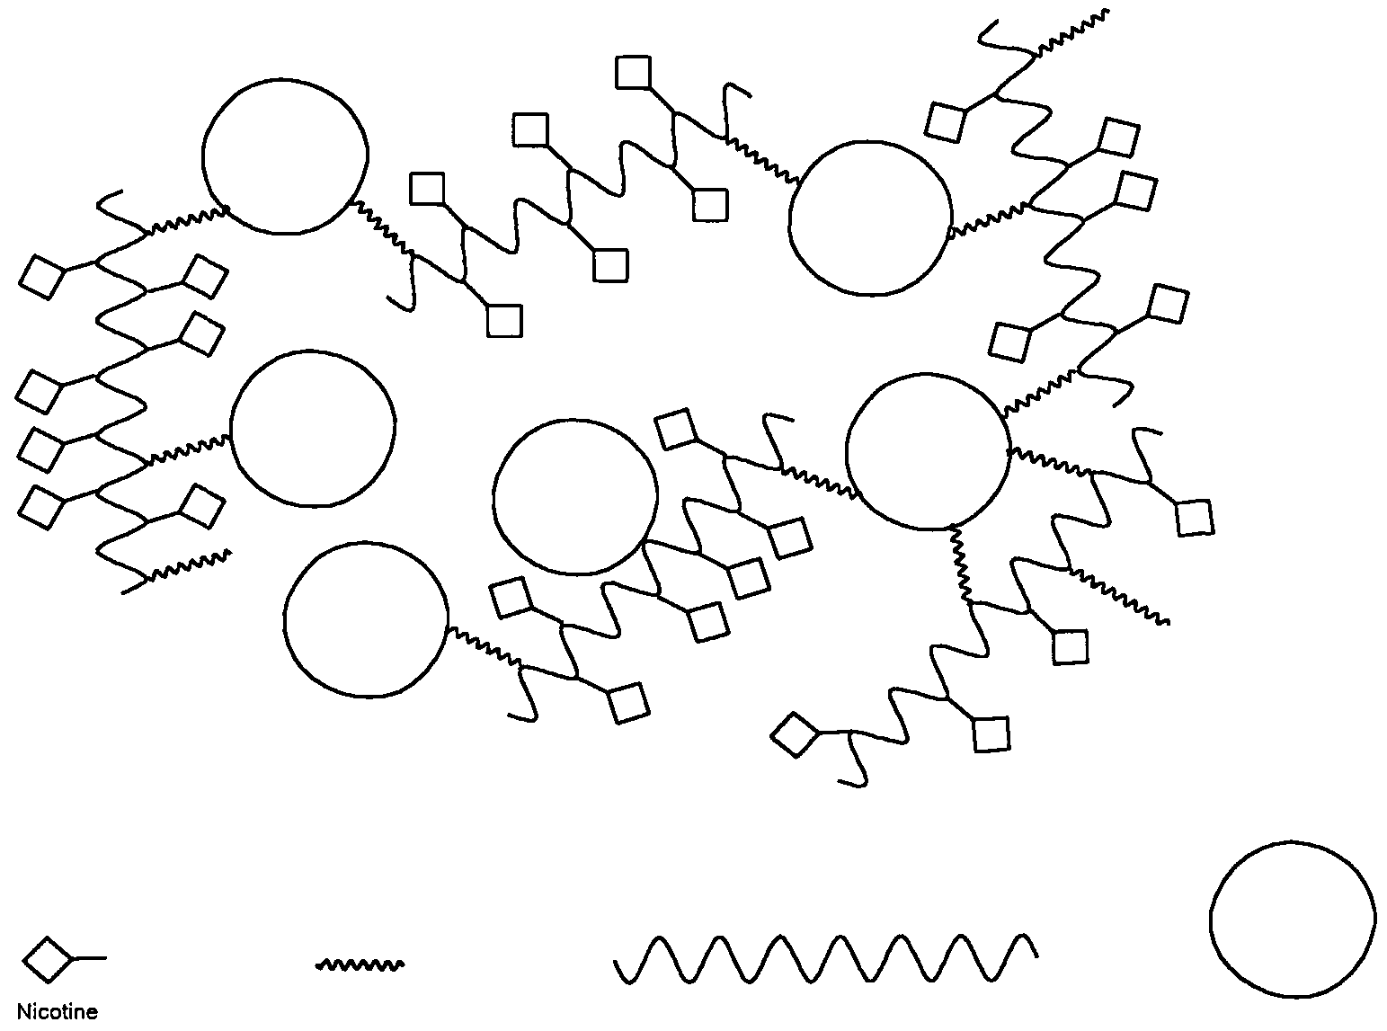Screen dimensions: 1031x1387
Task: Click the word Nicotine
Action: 58,1012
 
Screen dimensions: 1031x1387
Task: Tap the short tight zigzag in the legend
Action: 360,964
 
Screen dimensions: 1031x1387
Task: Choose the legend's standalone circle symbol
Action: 1292,919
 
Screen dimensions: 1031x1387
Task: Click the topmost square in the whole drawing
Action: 634,72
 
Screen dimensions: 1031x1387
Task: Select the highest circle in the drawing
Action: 285,156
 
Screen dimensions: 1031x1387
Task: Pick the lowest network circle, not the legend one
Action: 365,618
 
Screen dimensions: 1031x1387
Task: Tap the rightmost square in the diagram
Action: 1194,518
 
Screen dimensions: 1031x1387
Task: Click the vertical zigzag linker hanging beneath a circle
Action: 959,564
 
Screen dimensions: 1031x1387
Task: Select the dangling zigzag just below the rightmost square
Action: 1119,593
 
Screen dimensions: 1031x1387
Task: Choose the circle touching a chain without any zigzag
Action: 575,496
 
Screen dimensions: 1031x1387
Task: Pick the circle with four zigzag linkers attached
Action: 928,451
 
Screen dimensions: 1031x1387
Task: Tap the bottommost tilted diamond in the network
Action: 795,735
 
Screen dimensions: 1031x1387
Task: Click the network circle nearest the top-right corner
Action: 869,218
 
